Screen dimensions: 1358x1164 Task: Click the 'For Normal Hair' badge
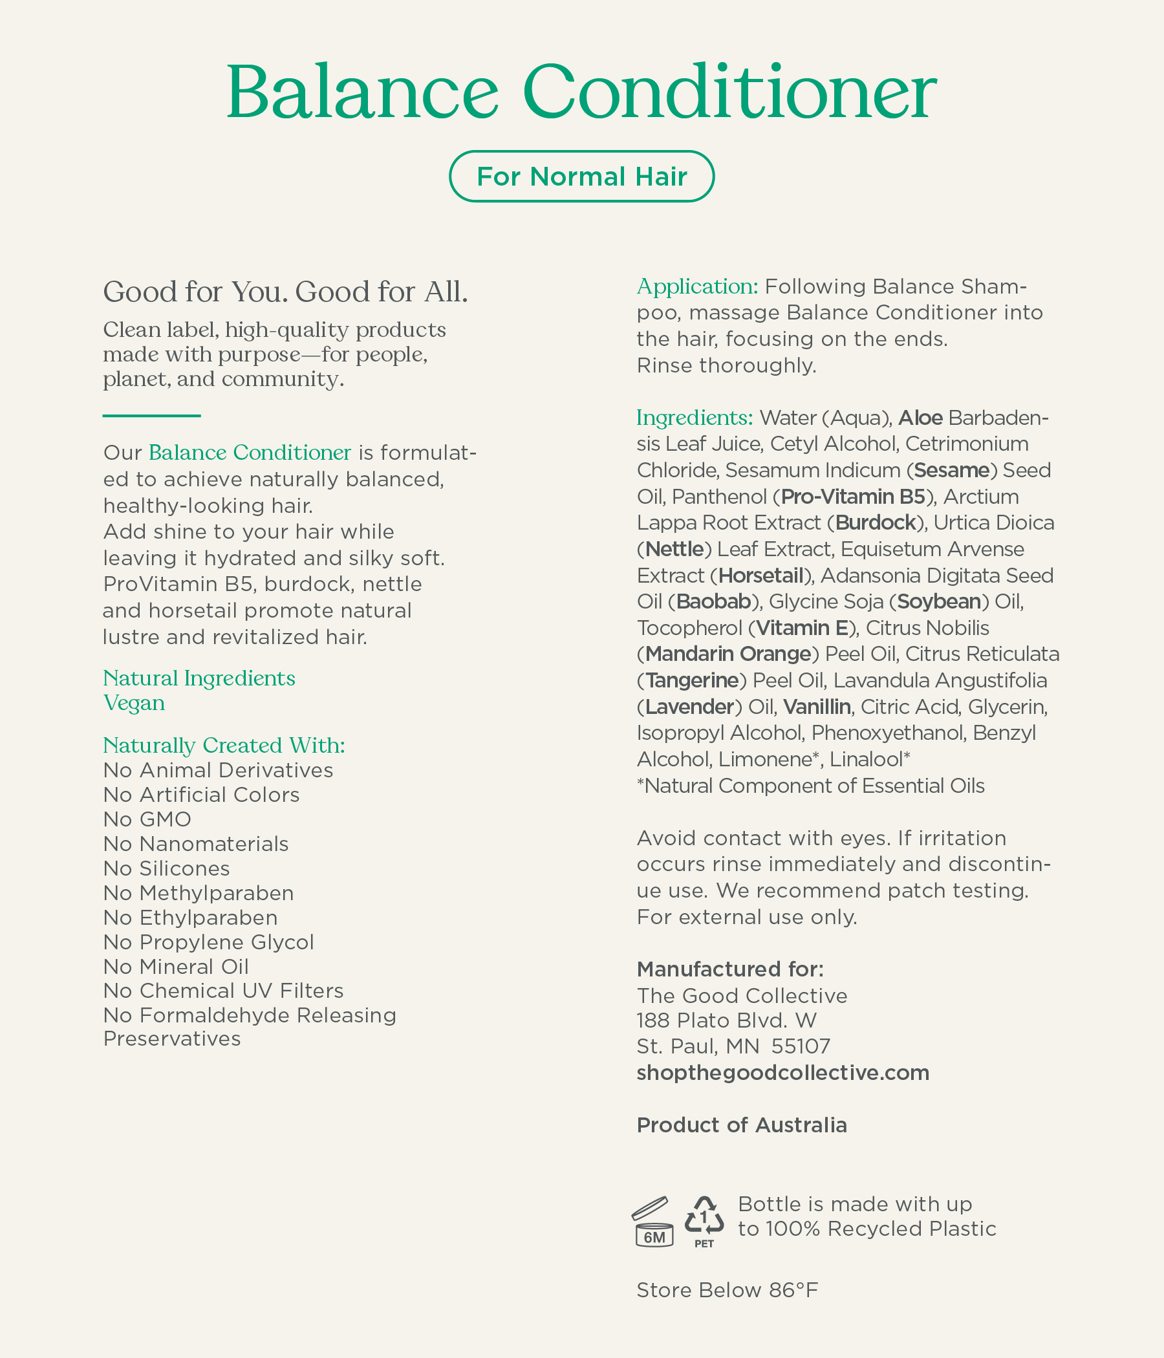(581, 177)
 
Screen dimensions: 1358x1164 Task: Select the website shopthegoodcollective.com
(782, 1072)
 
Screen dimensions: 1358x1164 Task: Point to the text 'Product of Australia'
(741, 1125)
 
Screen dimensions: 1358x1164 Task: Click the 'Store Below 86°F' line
(727, 1290)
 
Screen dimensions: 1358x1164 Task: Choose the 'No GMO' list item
(147, 819)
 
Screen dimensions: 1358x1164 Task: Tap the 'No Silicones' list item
(166, 868)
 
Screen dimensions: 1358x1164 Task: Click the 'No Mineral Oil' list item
(176, 967)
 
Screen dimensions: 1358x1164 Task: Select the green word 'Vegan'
(134, 702)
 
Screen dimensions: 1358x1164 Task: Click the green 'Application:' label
(697, 286)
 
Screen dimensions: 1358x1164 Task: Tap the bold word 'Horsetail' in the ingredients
(761, 576)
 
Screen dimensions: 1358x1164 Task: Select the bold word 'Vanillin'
(817, 707)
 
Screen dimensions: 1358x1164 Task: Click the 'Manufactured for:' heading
(730, 969)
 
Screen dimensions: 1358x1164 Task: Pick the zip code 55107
(801, 1046)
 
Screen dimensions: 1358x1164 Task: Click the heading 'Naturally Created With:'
(224, 745)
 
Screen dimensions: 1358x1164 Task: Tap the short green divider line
(151, 416)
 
